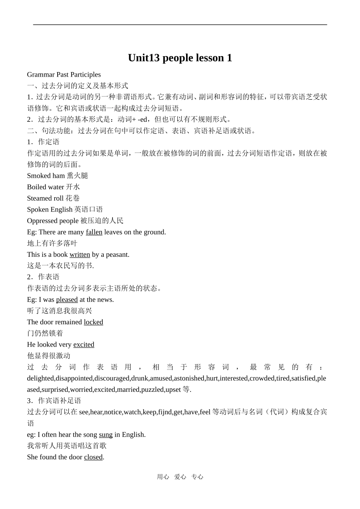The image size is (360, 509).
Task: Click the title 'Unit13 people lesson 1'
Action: point(180,58)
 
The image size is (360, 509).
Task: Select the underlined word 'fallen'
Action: point(94,232)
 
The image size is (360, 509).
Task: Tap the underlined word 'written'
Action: point(80,254)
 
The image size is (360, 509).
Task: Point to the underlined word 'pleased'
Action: point(67,300)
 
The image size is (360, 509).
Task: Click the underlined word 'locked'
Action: point(93,322)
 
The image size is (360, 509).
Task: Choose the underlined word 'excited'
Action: point(84,344)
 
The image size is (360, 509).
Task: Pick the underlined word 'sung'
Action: point(106,435)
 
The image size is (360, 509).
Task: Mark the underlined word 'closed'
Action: point(93,457)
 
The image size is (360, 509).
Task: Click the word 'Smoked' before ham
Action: point(39,176)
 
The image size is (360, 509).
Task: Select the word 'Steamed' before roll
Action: point(40,198)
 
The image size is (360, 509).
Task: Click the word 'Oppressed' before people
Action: point(42,221)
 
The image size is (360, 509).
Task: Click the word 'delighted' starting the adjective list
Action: point(41,378)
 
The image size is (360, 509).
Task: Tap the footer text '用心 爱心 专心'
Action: point(180,477)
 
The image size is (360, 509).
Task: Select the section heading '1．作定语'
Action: point(43,142)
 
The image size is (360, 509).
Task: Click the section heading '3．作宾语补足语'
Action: point(54,401)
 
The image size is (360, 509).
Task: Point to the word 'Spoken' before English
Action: point(38,209)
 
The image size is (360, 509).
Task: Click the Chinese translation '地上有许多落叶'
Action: point(52,243)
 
